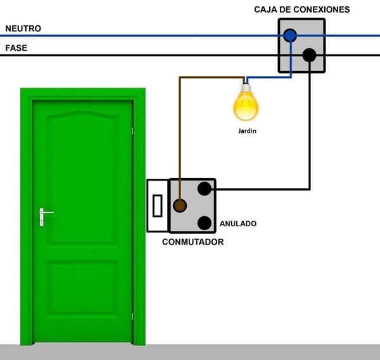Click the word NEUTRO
23,29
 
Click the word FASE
16,48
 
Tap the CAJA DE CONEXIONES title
301,9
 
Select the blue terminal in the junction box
290,35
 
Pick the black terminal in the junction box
309,55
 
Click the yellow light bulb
246,105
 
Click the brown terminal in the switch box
180,205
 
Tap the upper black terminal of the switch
204,188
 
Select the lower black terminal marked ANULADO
204,222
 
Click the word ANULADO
238,224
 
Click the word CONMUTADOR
193,241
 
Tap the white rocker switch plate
157,205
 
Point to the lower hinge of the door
132,314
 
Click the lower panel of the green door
83,288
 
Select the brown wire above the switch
180,127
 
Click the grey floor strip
190,352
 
